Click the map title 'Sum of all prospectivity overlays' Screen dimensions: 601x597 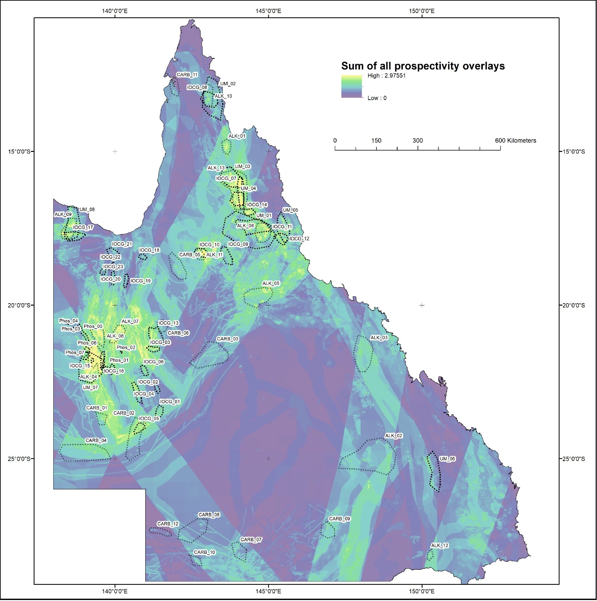pyautogui.click(x=423, y=66)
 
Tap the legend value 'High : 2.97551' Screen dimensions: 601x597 pyautogui.click(x=386, y=76)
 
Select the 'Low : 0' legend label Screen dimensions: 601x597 pyautogui.click(x=377, y=98)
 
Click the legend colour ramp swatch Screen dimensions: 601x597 pyautogui.click(x=351, y=87)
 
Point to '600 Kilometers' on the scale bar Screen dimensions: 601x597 pyautogui.click(x=515, y=141)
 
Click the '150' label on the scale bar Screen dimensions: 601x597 pyautogui.click(x=376, y=141)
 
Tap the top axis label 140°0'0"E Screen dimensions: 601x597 pyautogui.click(x=115, y=11)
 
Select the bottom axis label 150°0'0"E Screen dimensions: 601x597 pyautogui.click(x=422, y=591)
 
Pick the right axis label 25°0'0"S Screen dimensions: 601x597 pyautogui.click(x=574, y=459)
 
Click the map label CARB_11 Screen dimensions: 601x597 pyautogui.click(x=187, y=75)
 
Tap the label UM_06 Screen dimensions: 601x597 pyautogui.click(x=447, y=459)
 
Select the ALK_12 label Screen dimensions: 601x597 pyautogui.click(x=440, y=545)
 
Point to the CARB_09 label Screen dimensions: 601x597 pyautogui.click(x=339, y=518)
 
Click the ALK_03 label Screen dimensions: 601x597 pyautogui.click(x=379, y=337)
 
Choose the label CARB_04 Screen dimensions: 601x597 pyautogui.click(x=96, y=440)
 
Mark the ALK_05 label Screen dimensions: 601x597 pyautogui.click(x=271, y=283)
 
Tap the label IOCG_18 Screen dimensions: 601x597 pyautogui.click(x=149, y=250)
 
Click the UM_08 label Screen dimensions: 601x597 pyautogui.click(x=87, y=209)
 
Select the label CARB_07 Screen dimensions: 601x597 pyautogui.click(x=251, y=539)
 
